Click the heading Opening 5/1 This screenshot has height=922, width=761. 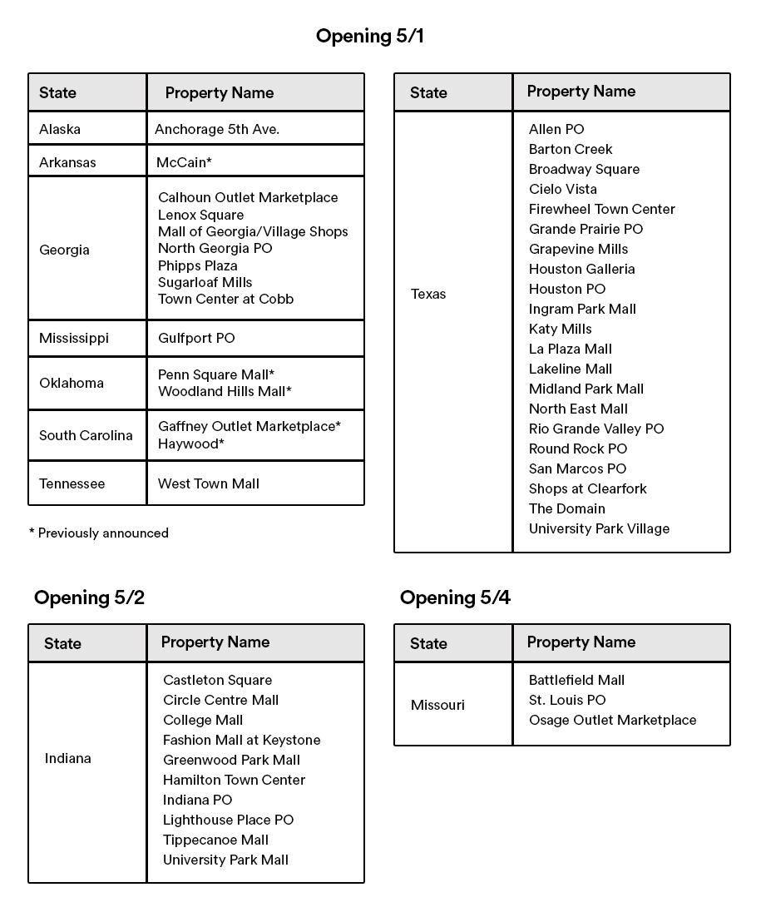click(x=369, y=36)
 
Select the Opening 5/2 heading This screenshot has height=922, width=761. click(x=89, y=597)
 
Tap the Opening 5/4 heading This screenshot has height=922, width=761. click(x=455, y=597)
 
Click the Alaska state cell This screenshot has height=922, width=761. click(x=60, y=129)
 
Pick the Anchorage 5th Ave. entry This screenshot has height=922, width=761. click(x=217, y=129)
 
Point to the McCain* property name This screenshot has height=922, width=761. click(x=184, y=162)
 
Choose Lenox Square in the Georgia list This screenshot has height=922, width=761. click(x=200, y=215)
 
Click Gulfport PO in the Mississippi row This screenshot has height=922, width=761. click(x=196, y=338)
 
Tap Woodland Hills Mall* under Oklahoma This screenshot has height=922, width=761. click(x=225, y=391)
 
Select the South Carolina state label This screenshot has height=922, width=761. click(x=86, y=435)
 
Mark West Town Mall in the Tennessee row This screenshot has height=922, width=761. click(x=209, y=483)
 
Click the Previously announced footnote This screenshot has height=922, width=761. click(x=99, y=533)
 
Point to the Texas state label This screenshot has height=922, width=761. click(x=428, y=294)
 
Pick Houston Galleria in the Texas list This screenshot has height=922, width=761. click(x=581, y=269)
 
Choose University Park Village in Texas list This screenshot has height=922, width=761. click(x=599, y=528)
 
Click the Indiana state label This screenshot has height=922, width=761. click(x=68, y=758)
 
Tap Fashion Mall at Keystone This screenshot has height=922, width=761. click(x=241, y=740)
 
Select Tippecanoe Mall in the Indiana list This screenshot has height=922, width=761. click(x=215, y=840)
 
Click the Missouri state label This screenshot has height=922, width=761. click(x=437, y=705)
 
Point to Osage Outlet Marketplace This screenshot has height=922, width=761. click(x=612, y=720)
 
